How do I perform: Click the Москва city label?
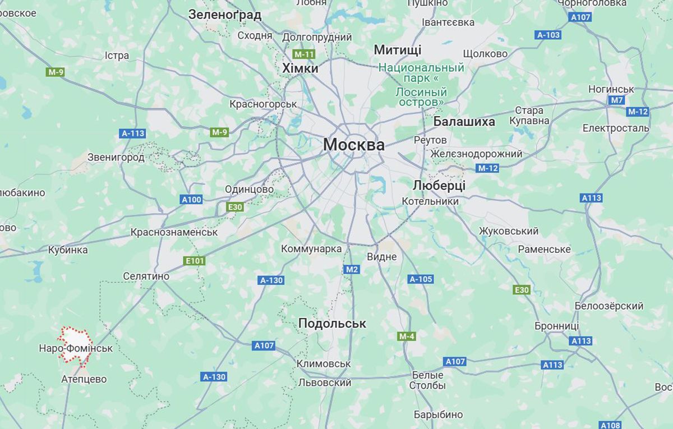pyautogui.click(x=353, y=145)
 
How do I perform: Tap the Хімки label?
pyautogui.click(x=300, y=68)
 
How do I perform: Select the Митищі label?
pyautogui.click(x=397, y=50)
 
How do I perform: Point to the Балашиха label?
pyautogui.click(x=464, y=122)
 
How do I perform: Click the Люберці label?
pyautogui.click(x=439, y=185)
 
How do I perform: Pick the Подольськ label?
pyautogui.click(x=332, y=323)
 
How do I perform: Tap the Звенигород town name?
pyautogui.click(x=116, y=158)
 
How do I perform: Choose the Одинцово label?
pyautogui.click(x=249, y=190)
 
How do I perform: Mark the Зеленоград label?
pyautogui.click(x=225, y=15)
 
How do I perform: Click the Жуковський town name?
pyautogui.click(x=509, y=231)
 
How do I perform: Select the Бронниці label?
pyautogui.click(x=556, y=326)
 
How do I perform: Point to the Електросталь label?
pyautogui.click(x=615, y=128)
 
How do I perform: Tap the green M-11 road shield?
pyautogui.click(x=305, y=54)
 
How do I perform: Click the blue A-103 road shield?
pyautogui.click(x=548, y=35)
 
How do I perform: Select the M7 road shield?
pyautogui.click(x=616, y=100)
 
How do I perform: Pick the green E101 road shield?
pyautogui.click(x=195, y=261)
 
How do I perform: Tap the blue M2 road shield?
pyautogui.click(x=351, y=270)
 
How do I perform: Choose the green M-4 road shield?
pyautogui.click(x=407, y=336)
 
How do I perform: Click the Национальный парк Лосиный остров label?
pyautogui.click(x=421, y=85)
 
